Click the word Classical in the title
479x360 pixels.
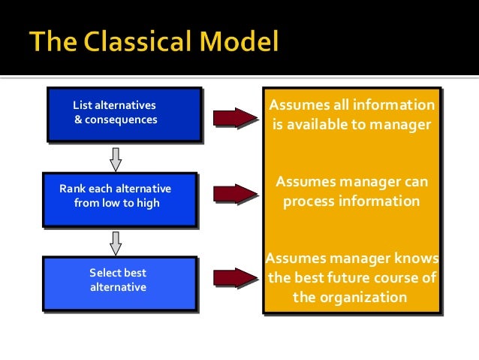151,41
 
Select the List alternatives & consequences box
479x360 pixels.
124,113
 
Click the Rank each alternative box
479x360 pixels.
119,198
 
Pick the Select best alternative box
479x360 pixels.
119,283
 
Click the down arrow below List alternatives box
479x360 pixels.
115,158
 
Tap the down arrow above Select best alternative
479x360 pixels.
115,242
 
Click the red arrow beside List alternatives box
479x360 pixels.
235,118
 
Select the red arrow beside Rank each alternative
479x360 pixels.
235,194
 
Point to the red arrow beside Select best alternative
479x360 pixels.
235,277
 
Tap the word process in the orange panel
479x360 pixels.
310,201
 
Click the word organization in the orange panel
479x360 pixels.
362,297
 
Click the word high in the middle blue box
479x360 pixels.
147,203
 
